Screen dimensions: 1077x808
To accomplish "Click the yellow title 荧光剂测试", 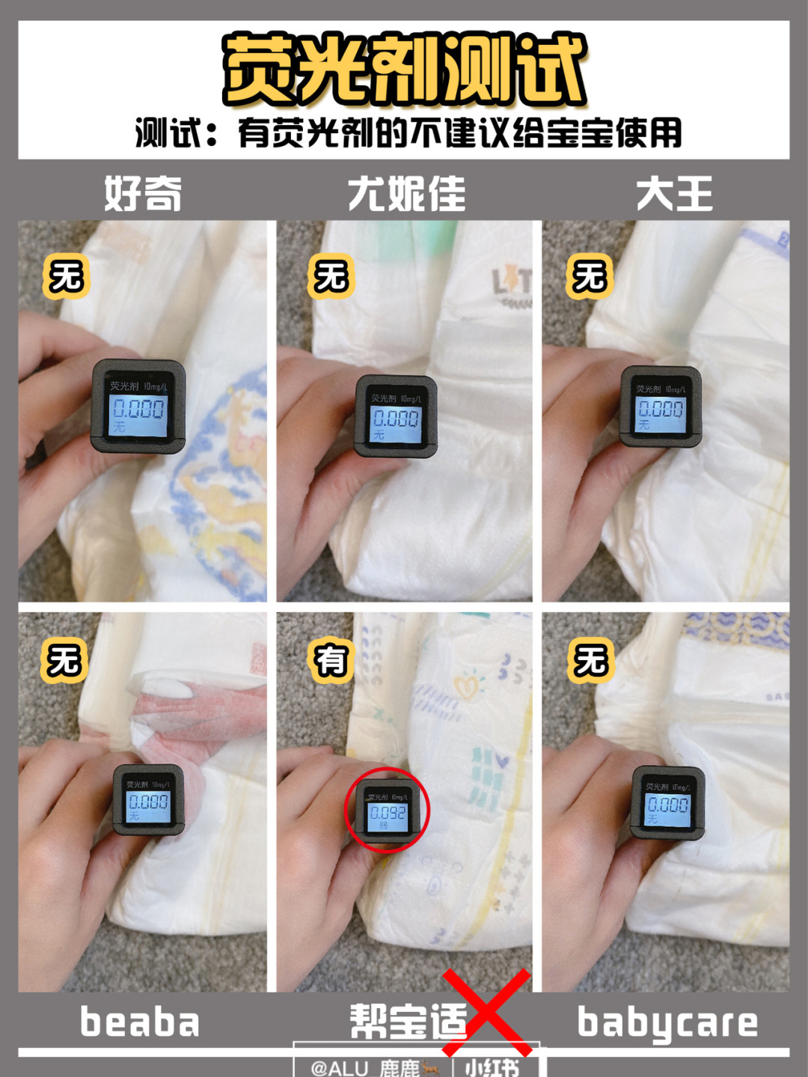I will pyautogui.click(x=404, y=70).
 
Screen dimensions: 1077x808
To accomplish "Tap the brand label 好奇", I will pyautogui.click(x=143, y=195).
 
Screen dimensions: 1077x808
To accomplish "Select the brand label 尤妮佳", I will pyautogui.click(x=406, y=195).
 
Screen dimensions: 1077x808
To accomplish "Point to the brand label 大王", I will pyautogui.click(x=674, y=195).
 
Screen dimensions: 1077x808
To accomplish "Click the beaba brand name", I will pyautogui.click(x=140, y=1022).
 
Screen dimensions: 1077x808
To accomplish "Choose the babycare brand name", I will pyautogui.click(x=667, y=1023).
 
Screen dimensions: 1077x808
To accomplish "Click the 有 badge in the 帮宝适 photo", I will pyautogui.click(x=330, y=660).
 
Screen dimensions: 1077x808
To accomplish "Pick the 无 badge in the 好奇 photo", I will pyautogui.click(x=66, y=276).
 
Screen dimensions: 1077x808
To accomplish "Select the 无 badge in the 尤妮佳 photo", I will pyautogui.click(x=330, y=276).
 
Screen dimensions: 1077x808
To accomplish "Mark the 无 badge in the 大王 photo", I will pyautogui.click(x=590, y=276).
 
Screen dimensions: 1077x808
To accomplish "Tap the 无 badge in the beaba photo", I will pyautogui.click(x=64, y=660).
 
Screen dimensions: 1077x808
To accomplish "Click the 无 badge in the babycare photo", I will pyautogui.click(x=590, y=660).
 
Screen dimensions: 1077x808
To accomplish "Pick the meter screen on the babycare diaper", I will pyautogui.click(x=667, y=807).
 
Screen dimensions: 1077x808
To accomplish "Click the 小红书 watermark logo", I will pyautogui.click(x=492, y=1067).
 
